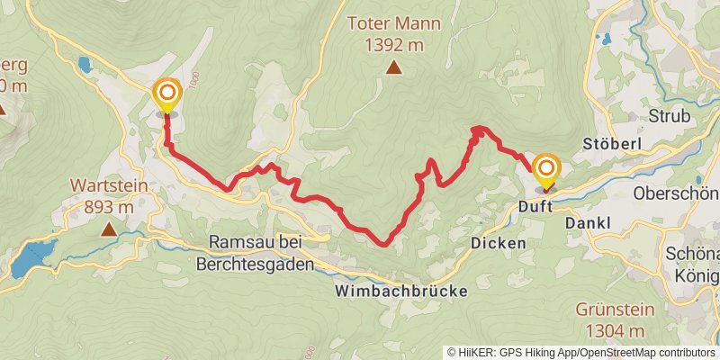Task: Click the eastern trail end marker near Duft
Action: [x=545, y=170]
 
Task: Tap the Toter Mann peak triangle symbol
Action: [x=393, y=67]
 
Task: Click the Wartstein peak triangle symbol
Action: [x=108, y=229]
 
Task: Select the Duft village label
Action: [x=536, y=206]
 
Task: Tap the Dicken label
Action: [x=494, y=243]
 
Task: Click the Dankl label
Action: [x=589, y=222]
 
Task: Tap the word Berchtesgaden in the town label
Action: [x=255, y=265]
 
